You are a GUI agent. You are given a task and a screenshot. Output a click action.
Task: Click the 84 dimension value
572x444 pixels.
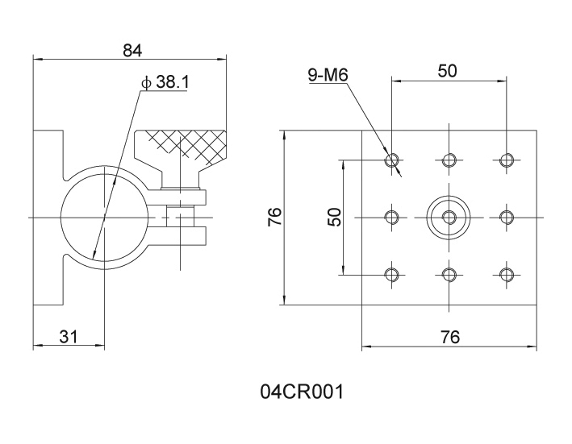coord(132,50)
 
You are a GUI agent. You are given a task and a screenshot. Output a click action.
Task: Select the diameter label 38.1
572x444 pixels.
coord(165,83)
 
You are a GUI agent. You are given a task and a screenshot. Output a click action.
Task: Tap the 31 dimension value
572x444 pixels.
coord(69,337)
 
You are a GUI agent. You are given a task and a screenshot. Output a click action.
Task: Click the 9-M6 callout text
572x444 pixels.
coord(328,75)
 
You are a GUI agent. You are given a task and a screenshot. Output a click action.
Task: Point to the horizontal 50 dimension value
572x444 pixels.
coord(447,71)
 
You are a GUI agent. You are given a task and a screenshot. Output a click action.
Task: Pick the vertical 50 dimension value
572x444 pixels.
coord(335,217)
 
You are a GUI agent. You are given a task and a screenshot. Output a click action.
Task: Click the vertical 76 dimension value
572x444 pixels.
coord(275,217)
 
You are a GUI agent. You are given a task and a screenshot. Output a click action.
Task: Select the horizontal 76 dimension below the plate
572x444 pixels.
coord(450,337)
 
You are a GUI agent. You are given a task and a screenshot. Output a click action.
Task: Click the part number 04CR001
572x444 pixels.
coord(302,392)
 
